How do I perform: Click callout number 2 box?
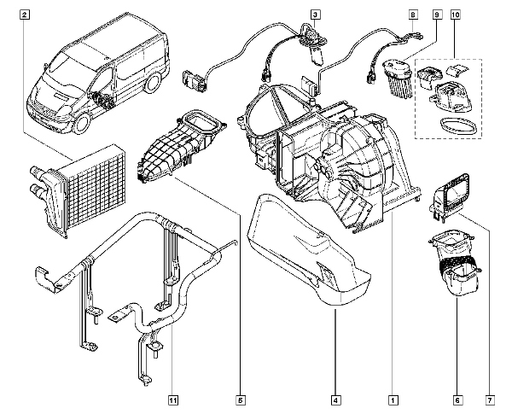point(25,15)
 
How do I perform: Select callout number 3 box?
point(315,15)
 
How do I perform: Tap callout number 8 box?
point(413,15)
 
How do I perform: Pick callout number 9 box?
point(437,15)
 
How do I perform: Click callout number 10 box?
point(456,15)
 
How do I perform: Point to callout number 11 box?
point(173,400)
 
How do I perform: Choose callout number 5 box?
point(241,400)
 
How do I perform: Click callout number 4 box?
point(335,400)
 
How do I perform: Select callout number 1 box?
point(393,400)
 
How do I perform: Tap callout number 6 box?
point(457,400)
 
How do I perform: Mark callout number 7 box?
point(490,400)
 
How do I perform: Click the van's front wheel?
point(82,124)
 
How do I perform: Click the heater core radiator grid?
point(95,190)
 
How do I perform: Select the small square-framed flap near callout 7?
point(450,196)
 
